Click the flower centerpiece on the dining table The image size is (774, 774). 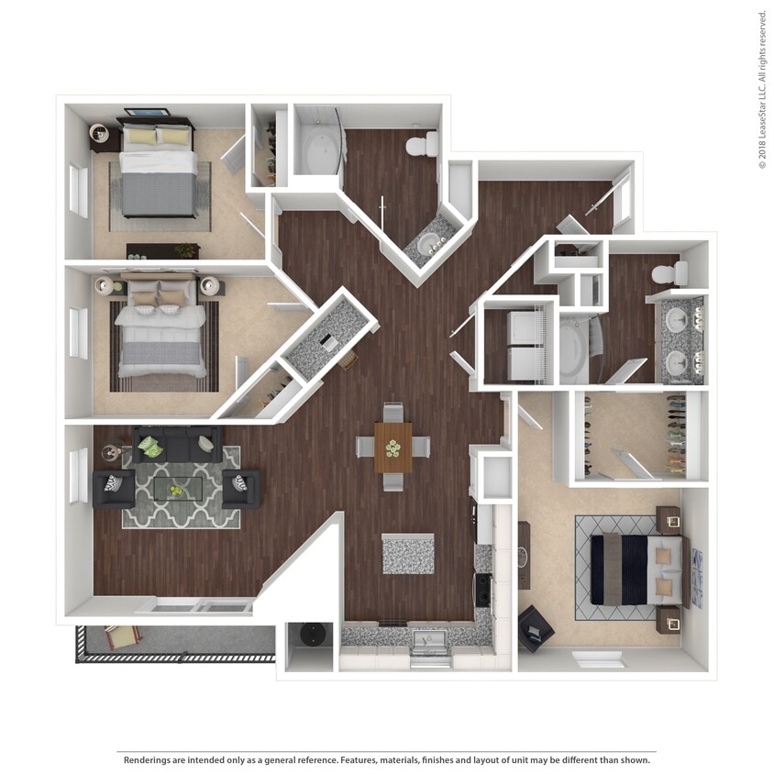[x=393, y=448]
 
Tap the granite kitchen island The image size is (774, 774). [x=408, y=554]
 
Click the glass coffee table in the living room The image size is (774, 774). [x=180, y=489]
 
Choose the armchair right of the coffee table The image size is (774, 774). [x=241, y=489]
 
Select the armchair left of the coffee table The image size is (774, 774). [x=114, y=488]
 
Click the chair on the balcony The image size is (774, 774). [x=121, y=636]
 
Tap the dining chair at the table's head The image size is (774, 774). [x=393, y=414]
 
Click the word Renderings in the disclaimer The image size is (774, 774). [x=150, y=760]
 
